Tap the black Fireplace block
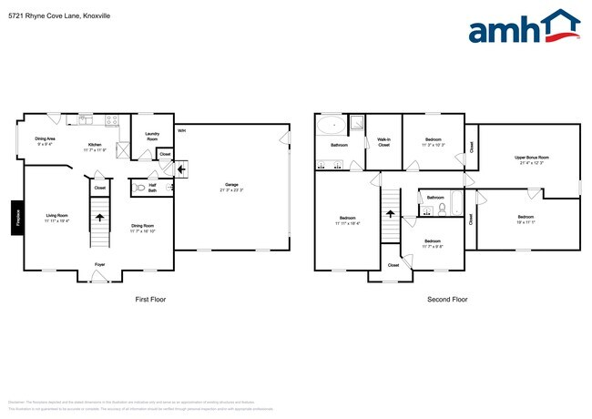pyautogui.click(x=15, y=218)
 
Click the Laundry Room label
pyautogui.click(x=151, y=136)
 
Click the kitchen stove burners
pyautogui.click(x=112, y=119)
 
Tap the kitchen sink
pyautogui.click(x=87, y=119)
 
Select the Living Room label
pyautogui.click(x=56, y=216)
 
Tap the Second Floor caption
pyautogui.click(x=447, y=299)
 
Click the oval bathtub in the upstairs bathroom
pyautogui.click(x=332, y=125)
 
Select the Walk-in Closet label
pyautogui.click(x=384, y=141)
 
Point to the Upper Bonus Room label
pyautogui.click(x=531, y=158)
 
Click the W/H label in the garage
pyautogui.click(x=181, y=130)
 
